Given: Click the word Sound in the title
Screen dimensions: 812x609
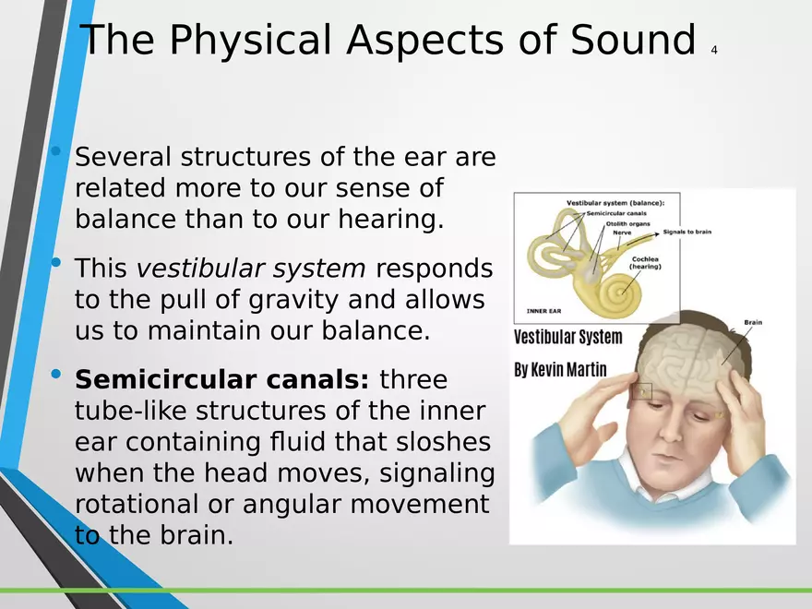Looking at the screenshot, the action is pos(633,40).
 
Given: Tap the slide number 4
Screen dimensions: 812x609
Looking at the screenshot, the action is pos(714,50).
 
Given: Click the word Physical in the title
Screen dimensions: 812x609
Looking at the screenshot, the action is pos(250,41).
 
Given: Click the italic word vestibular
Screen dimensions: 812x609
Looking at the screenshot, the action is pos(198,268).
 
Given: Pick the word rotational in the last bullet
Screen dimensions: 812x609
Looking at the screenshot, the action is pos(137,504).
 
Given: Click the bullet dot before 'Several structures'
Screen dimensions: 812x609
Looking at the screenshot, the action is pos(56,151).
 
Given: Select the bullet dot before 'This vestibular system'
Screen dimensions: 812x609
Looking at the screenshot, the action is pos(56,262).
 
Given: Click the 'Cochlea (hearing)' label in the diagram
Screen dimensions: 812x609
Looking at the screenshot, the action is pos(645,263).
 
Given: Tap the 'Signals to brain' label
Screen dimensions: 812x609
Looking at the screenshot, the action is pos(687,232).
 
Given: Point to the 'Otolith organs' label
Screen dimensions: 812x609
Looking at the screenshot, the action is pos(627,223).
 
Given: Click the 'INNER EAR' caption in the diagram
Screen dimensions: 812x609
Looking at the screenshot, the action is pos(543,311).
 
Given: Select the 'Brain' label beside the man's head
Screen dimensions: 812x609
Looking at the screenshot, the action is pos(753,322).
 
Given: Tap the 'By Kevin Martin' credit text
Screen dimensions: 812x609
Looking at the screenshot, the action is pos(560,370).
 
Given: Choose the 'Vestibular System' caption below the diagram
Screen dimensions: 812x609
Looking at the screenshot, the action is pos(568,337).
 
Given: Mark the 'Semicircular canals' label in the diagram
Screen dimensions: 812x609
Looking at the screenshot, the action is pos(616,213).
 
